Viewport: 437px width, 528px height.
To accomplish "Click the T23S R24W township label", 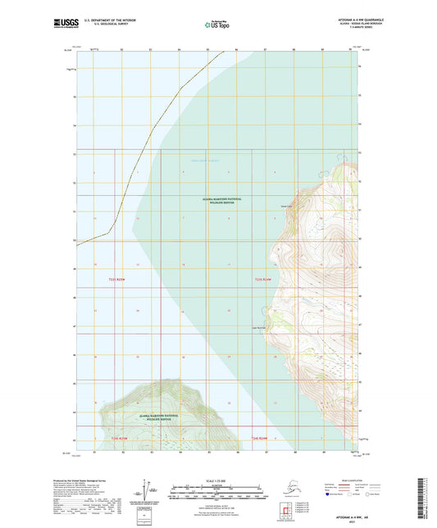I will tap(262, 280).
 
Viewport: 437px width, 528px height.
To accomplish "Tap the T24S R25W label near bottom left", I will tap(119, 439).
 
